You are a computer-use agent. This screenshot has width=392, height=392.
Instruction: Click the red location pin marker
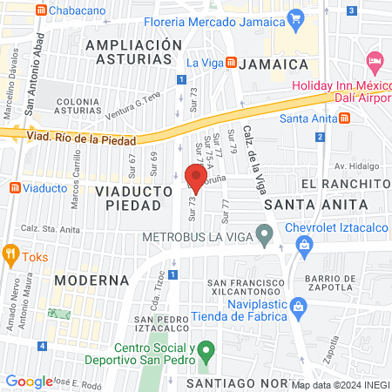pos(197,178)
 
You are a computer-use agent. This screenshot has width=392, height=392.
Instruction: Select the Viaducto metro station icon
pos(14,187)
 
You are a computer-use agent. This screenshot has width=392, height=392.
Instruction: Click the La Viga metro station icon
pos(231,63)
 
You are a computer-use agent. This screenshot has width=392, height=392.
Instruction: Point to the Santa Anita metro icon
pos(346,119)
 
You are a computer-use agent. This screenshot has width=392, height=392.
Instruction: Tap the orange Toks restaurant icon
pos(11,255)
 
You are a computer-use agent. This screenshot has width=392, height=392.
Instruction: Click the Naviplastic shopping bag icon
pos(298,307)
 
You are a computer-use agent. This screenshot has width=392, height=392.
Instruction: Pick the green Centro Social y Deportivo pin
pos(206,354)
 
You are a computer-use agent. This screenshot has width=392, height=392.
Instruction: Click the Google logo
pos(29,381)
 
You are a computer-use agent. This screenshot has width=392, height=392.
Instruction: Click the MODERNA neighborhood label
pos(90,280)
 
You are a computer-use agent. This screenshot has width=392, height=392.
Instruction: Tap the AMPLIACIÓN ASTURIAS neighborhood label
pos(129,51)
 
